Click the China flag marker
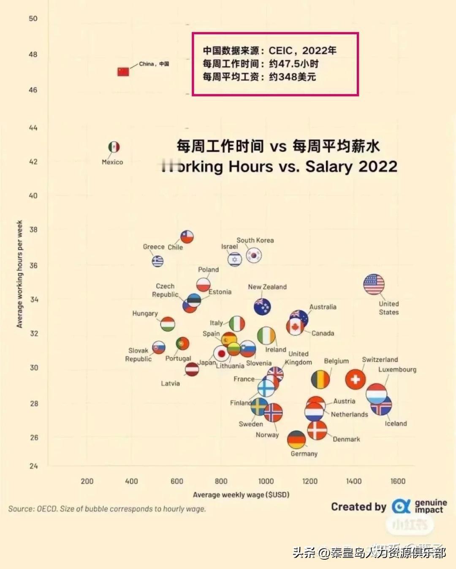(123, 71)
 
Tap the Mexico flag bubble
(114, 147)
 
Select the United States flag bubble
(374, 284)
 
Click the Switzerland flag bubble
(355, 379)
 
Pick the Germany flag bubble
(296, 440)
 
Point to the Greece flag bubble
(157, 261)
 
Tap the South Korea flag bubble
(254, 256)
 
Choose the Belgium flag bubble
(320, 379)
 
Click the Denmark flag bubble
(317, 430)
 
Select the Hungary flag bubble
(168, 324)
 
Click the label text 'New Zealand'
(267, 287)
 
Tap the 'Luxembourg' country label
(397, 369)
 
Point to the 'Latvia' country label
(170, 383)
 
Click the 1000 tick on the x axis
(266, 481)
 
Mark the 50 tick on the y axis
(33, 19)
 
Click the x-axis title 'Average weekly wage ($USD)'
(241, 495)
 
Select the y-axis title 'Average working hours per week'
(19, 274)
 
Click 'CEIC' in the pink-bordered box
(280, 51)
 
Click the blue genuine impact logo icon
(400, 506)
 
